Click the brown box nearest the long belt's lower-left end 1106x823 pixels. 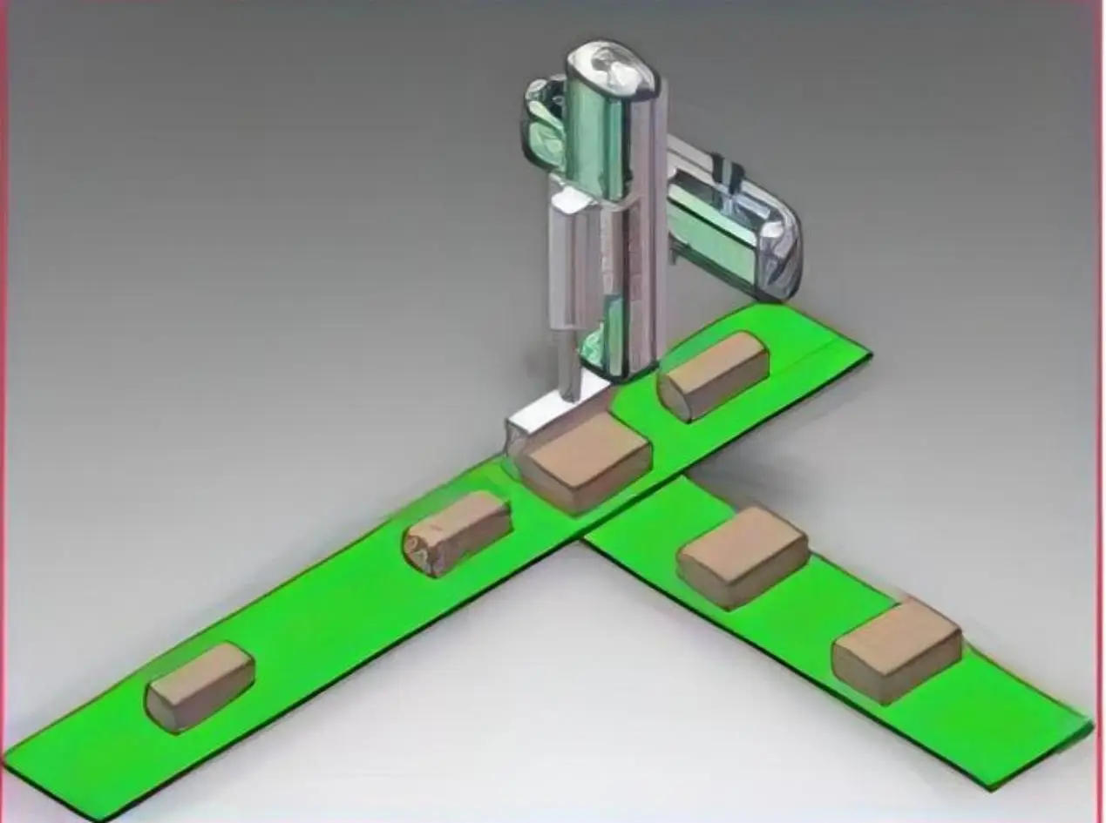[200, 686]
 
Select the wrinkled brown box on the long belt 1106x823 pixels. [456, 532]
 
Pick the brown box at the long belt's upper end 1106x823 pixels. [714, 375]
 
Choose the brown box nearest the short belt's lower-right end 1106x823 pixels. [897, 651]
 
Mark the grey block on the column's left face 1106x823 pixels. [571, 261]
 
